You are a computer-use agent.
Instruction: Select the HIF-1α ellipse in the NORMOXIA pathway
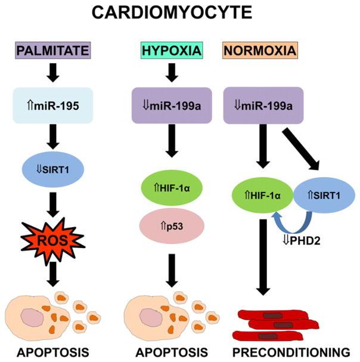(x=260, y=194)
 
